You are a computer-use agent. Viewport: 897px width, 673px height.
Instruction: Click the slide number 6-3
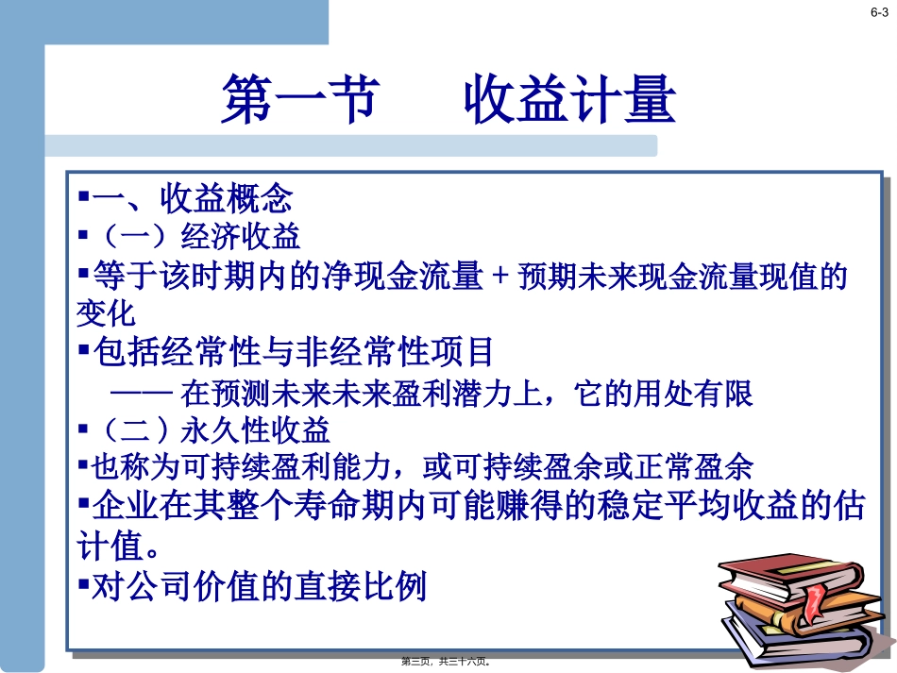point(879,12)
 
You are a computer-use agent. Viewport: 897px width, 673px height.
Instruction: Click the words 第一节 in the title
point(299,100)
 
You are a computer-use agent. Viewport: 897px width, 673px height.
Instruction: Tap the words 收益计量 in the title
point(569,100)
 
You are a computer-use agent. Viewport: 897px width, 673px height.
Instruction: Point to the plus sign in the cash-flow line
point(500,278)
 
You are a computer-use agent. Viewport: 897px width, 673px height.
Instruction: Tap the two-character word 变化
point(106,312)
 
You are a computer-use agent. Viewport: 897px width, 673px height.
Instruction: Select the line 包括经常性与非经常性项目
point(293,353)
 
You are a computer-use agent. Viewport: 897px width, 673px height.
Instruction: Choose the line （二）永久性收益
point(204,430)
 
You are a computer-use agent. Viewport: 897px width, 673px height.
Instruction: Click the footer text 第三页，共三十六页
point(448,662)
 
